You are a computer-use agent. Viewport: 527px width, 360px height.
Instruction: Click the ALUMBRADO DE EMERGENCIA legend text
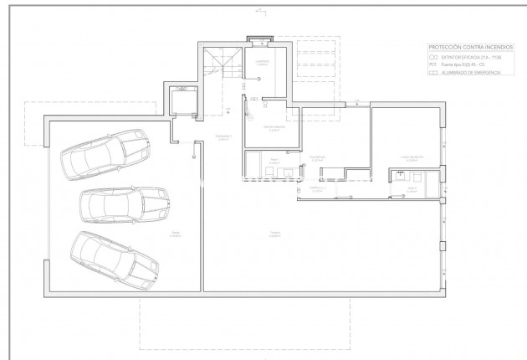pyautogui.click(x=471, y=73)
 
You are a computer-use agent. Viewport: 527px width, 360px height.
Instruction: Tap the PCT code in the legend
pyautogui.click(x=432, y=64)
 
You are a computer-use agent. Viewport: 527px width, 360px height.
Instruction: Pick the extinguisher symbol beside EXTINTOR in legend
pyautogui.click(x=432, y=57)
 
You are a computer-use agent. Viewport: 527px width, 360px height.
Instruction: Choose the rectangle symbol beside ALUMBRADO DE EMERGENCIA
pyautogui.click(x=432, y=73)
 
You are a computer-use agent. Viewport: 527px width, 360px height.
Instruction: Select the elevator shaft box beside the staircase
pyautogui.click(x=181, y=102)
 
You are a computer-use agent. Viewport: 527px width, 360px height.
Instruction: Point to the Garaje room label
pyautogui.click(x=175, y=234)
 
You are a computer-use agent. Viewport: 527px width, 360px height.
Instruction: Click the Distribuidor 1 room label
pyautogui.click(x=223, y=136)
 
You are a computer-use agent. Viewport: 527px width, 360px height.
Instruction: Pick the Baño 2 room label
pyautogui.click(x=411, y=188)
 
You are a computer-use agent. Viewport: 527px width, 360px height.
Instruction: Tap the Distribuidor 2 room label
pyautogui.click(x=317, y=189)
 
